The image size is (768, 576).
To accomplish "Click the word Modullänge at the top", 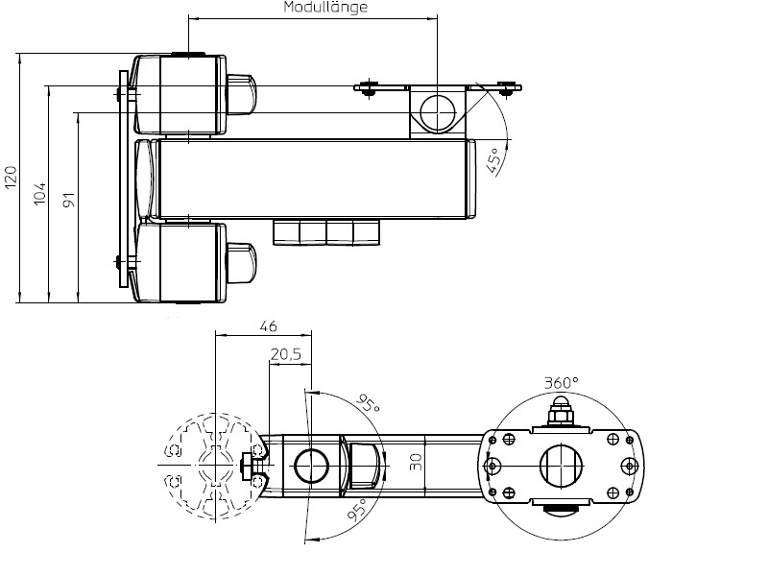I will (x=325, y=8).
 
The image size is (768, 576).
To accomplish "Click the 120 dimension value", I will (x=11, y=178).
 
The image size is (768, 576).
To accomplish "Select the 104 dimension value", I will (x=39, y=193).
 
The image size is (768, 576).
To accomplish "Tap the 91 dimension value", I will (x=68, y=201).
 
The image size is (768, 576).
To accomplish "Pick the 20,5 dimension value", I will (x=286, y=354).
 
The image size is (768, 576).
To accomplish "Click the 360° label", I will (x=562, y=382).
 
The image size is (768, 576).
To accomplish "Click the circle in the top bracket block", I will (x=438, y=110).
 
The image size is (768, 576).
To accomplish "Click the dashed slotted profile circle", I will (x=215, y=466).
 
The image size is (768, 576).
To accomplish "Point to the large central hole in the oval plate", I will (x=561, y=466).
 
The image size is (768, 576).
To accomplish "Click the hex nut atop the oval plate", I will (x=562, y=414).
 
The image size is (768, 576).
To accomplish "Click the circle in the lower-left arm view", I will (x=312, y=466).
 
